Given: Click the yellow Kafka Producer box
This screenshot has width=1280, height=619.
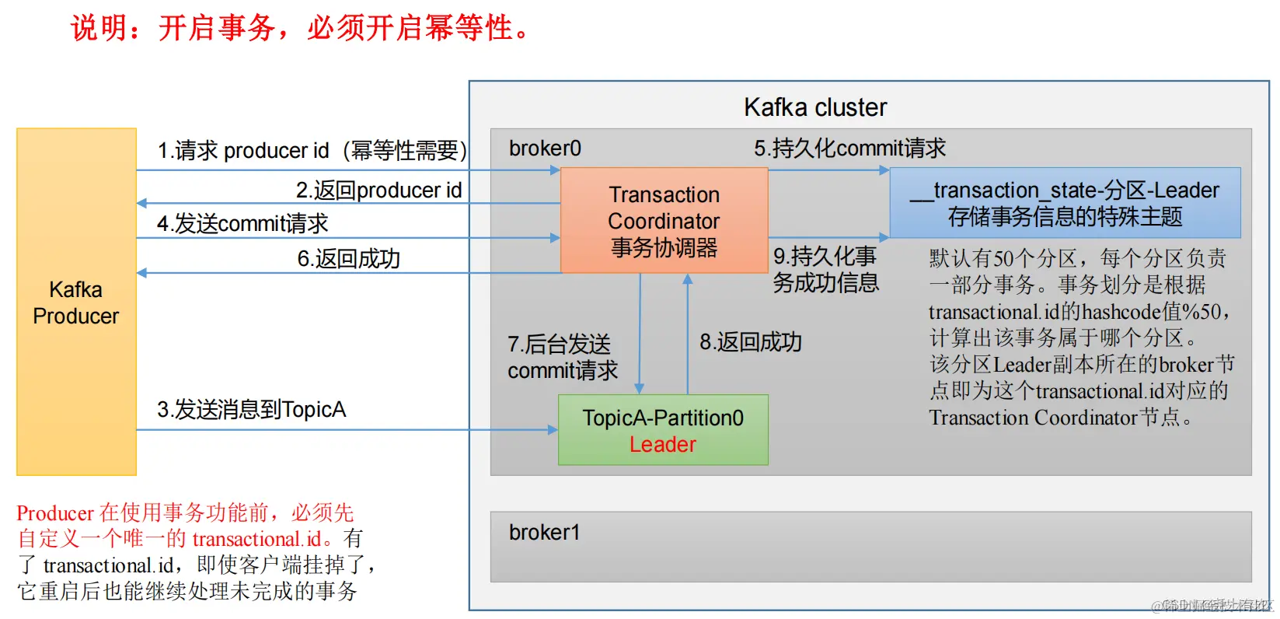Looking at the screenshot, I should [x=76, y=302].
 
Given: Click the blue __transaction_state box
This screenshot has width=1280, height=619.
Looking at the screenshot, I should [x=1065, y=203].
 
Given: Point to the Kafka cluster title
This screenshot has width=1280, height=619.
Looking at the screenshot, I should [x=814, y=107].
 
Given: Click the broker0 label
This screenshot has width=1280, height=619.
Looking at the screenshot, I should [x=545, y=149].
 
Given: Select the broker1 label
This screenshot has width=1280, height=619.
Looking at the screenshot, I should [x=544, y=533].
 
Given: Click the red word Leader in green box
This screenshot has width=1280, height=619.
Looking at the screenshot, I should [x=663, y=445].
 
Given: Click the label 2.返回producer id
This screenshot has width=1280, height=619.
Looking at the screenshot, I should [x=378, y=191].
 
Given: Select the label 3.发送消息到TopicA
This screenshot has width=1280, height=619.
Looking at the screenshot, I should [x=251, y=410].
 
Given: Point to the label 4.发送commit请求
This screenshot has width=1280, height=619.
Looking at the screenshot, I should [x=242, y=224].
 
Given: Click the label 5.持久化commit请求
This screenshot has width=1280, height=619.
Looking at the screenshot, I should [x=849, y=148].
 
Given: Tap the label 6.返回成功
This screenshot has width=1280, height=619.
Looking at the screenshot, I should [x=348, y=259].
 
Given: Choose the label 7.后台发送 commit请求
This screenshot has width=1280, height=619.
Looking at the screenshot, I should [x=562, y=357].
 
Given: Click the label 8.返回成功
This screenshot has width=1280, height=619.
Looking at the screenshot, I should [x=750, y=342].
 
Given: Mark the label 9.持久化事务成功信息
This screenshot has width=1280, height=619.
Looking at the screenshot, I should [x=825, y=269].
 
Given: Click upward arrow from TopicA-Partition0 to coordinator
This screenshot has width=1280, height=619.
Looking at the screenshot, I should [x=687, y=334].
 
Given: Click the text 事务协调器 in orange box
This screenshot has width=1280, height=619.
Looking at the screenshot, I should [x=664, y=248].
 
